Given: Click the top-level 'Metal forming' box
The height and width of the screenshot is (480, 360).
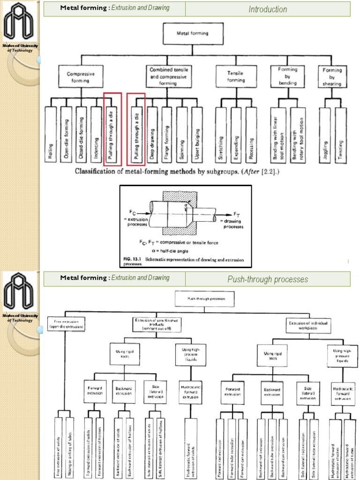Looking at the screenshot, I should point(192,34).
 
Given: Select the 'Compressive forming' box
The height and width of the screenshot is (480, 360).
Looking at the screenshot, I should point(81,77).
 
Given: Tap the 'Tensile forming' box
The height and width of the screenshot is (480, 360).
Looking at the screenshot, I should point(236,77).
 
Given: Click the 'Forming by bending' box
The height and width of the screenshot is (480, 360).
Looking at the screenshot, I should point(287,76).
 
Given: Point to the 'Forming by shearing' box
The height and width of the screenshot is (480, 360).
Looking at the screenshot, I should point(332,77).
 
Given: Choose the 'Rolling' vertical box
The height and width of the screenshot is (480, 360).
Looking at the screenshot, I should point(51,135).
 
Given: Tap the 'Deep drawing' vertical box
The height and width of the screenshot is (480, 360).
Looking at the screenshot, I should point(152,135).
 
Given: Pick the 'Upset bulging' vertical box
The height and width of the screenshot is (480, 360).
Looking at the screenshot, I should point(197,135).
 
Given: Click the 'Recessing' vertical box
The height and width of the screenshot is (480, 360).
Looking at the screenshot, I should point(251,135).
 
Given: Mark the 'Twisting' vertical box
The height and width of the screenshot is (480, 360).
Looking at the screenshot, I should point(341,135).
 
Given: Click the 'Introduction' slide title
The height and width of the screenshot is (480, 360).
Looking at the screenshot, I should point(268,9).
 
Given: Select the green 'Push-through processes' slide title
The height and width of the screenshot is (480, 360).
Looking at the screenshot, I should point(268,279).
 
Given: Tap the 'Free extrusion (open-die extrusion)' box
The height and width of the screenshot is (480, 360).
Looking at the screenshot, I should point(66,324).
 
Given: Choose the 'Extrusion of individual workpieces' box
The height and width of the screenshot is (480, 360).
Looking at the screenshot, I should point(308,325).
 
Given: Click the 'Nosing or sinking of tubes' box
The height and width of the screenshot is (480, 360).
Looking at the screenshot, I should point(70,447).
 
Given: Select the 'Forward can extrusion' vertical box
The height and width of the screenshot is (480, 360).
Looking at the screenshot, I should point(242,447).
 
